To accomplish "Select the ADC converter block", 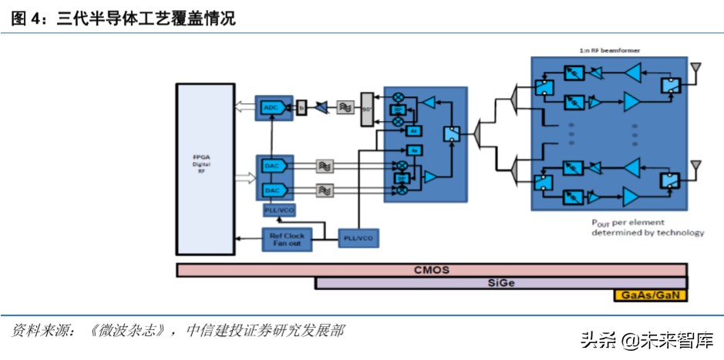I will [271, 107].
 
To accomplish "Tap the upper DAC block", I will [271, 166].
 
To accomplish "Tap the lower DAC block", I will [271, 190].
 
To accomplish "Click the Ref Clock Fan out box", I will [287, 239].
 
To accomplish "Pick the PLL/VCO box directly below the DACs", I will [276, 210].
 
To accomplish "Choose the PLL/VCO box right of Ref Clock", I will [359, 239].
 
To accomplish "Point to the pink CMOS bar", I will [431, 270].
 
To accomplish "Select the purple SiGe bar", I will [500, 283].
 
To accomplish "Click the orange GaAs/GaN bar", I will [649, 295].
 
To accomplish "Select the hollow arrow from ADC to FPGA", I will [244, 107].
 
